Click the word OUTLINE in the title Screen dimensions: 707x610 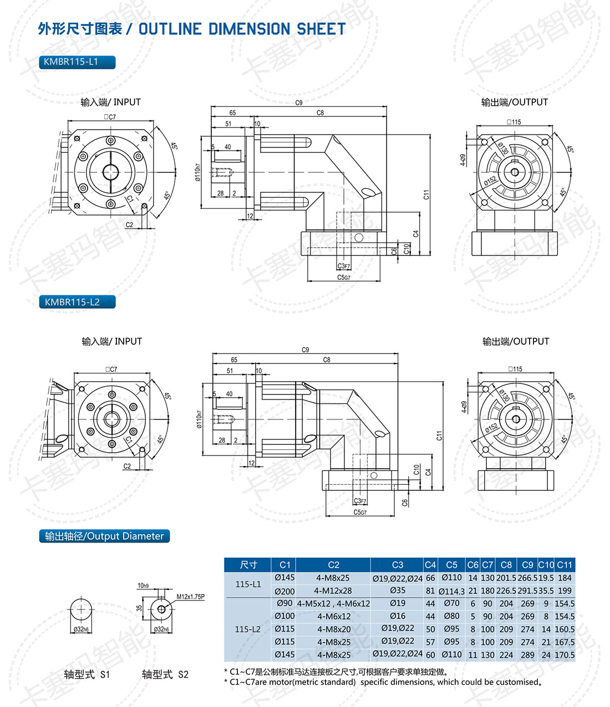[170, 29]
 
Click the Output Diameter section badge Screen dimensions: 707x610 [104, 536]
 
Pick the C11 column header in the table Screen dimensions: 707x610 [565, 565]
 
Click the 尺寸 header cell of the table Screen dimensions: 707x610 [248, 565]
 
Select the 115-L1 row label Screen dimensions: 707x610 [248, 584]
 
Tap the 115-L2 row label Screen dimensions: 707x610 [248, 629]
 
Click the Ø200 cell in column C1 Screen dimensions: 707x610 [284, 591]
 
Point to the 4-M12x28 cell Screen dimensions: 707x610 [333, 591]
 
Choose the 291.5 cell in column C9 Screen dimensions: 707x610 [527, 591]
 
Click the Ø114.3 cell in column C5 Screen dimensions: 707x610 [451, 591]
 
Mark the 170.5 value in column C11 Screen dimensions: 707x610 [565, 655]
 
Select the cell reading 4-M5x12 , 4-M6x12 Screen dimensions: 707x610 [333, 603]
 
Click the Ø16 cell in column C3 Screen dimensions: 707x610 [397, 616]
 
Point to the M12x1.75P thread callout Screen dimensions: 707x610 [190, 597]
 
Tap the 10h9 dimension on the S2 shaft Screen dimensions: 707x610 [143, 586]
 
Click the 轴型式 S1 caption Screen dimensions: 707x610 [87, 674]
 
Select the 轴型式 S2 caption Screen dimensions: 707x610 [165, 674]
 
